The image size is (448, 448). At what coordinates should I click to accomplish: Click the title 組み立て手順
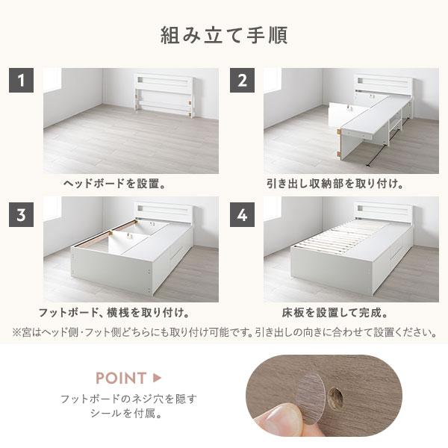coord(224,35)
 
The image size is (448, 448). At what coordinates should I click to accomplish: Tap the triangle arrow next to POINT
coord(157,377)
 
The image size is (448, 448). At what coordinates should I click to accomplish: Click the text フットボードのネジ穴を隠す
coord(128,399)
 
